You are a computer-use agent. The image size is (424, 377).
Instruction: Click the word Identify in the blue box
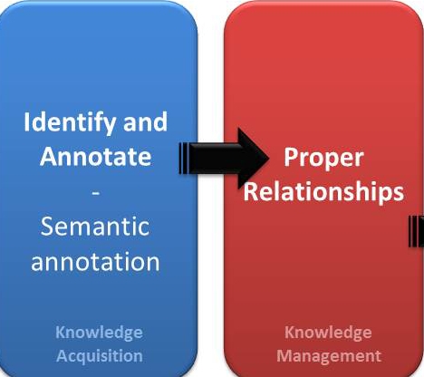point(70,123)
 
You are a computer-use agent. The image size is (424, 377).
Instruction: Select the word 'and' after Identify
point(145,121)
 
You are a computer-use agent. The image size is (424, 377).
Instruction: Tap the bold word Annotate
point(95,156)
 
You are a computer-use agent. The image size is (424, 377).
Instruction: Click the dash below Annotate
point(95,192)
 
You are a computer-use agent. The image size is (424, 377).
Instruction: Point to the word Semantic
point(95,227)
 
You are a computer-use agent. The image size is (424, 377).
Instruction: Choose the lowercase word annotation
point(95,261)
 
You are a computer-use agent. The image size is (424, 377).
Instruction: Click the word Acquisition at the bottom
point(100,356)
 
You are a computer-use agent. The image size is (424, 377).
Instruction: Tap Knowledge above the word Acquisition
point(99,333)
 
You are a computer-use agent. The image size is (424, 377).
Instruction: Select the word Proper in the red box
point(323,158)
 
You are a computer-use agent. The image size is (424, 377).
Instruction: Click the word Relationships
point(323,191)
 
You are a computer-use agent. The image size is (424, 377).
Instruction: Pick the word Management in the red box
point(329,356)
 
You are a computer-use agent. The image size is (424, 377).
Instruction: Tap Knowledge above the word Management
point(328,333)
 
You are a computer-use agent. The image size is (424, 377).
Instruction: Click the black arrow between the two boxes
point(224,159)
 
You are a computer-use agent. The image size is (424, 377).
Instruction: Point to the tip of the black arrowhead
point(269,159)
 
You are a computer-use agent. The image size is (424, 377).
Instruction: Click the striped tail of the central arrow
point(184,159)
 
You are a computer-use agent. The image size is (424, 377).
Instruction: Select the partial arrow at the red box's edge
point(417,232)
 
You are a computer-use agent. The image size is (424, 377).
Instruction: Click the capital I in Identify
point(26,121)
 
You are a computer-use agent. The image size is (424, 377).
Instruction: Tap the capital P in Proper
point(291,157)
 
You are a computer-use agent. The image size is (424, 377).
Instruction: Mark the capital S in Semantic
point(47,227)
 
